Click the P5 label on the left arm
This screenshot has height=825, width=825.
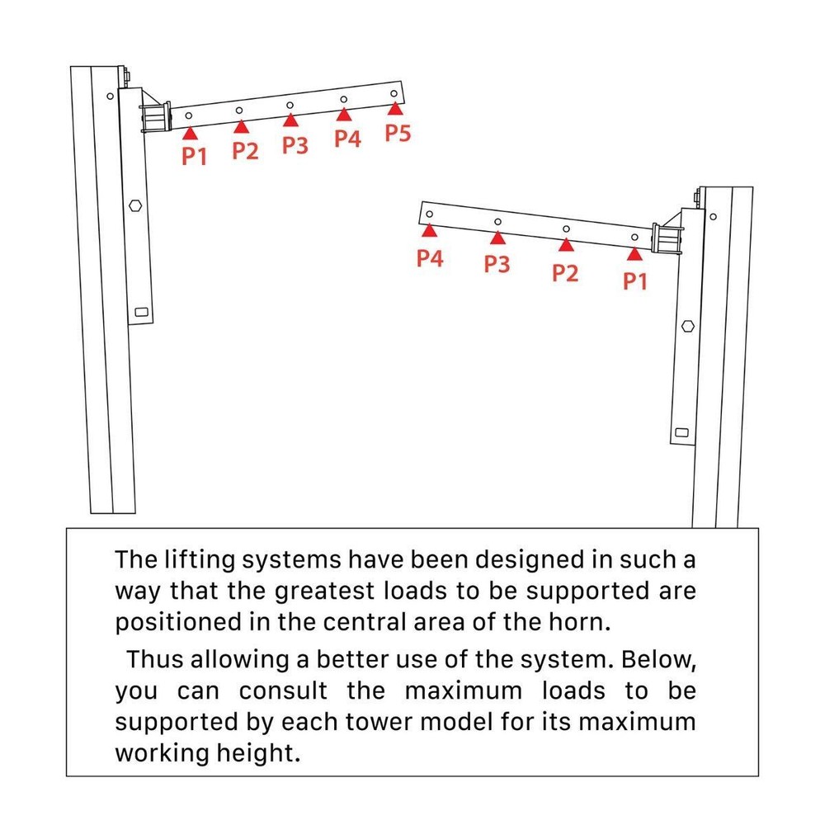coord(398,134)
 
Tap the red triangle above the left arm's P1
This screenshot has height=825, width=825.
coord(190,131)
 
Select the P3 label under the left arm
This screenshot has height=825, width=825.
coord(295,145)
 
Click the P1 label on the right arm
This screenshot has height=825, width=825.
coord(634,281)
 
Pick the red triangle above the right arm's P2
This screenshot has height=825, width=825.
coord(565,245)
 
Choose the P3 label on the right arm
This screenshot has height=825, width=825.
coord(497,264)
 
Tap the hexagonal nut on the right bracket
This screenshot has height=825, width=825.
coord(686,325)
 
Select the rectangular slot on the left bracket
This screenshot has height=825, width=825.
coord(141,313)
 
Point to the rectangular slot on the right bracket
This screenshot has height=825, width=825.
coord(681,431)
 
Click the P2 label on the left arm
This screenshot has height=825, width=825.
coord(245,150)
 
